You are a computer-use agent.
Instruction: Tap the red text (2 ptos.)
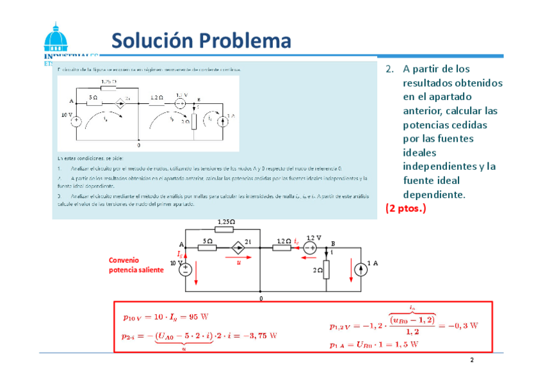pos(406,208)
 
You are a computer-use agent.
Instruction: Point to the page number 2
pos(472,360)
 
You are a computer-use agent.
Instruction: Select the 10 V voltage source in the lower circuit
pos(185,267)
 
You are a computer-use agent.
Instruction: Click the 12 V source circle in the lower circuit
pos(311,247)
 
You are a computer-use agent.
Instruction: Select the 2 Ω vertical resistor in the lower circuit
pos(326,270)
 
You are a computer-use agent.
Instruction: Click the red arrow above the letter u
pos(239,257)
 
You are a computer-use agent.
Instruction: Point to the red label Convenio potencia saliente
pos(135,265)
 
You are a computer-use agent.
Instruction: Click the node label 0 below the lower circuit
pos(261,298)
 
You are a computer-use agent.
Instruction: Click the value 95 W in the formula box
pos(198,317)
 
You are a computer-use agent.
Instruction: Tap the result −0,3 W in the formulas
pos(462,325)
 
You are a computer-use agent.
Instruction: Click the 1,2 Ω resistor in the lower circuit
pos(284,247)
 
